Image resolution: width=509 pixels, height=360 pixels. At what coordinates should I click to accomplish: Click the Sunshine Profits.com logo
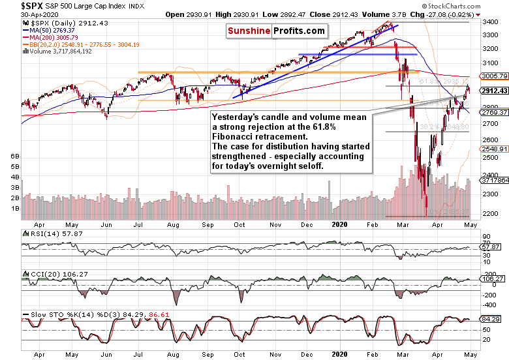pos(276,31)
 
